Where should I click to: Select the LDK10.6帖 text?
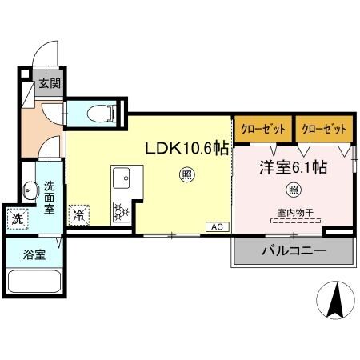click(x=186, y=148)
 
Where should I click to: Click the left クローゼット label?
click(x=262, y=129)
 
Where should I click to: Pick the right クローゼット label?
click(x=324, y=129)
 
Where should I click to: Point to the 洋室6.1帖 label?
click(x=291, y=168)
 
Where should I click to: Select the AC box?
click(x=216, y=227)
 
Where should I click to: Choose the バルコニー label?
click(x=293, y=251)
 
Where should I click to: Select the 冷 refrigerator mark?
click(x=79, y=214)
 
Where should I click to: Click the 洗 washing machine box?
click(x=16, y=217)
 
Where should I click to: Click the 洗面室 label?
click(x=49, y=197)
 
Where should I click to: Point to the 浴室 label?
click(x=34, y=256)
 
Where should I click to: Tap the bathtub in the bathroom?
click(x=34, y=285)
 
